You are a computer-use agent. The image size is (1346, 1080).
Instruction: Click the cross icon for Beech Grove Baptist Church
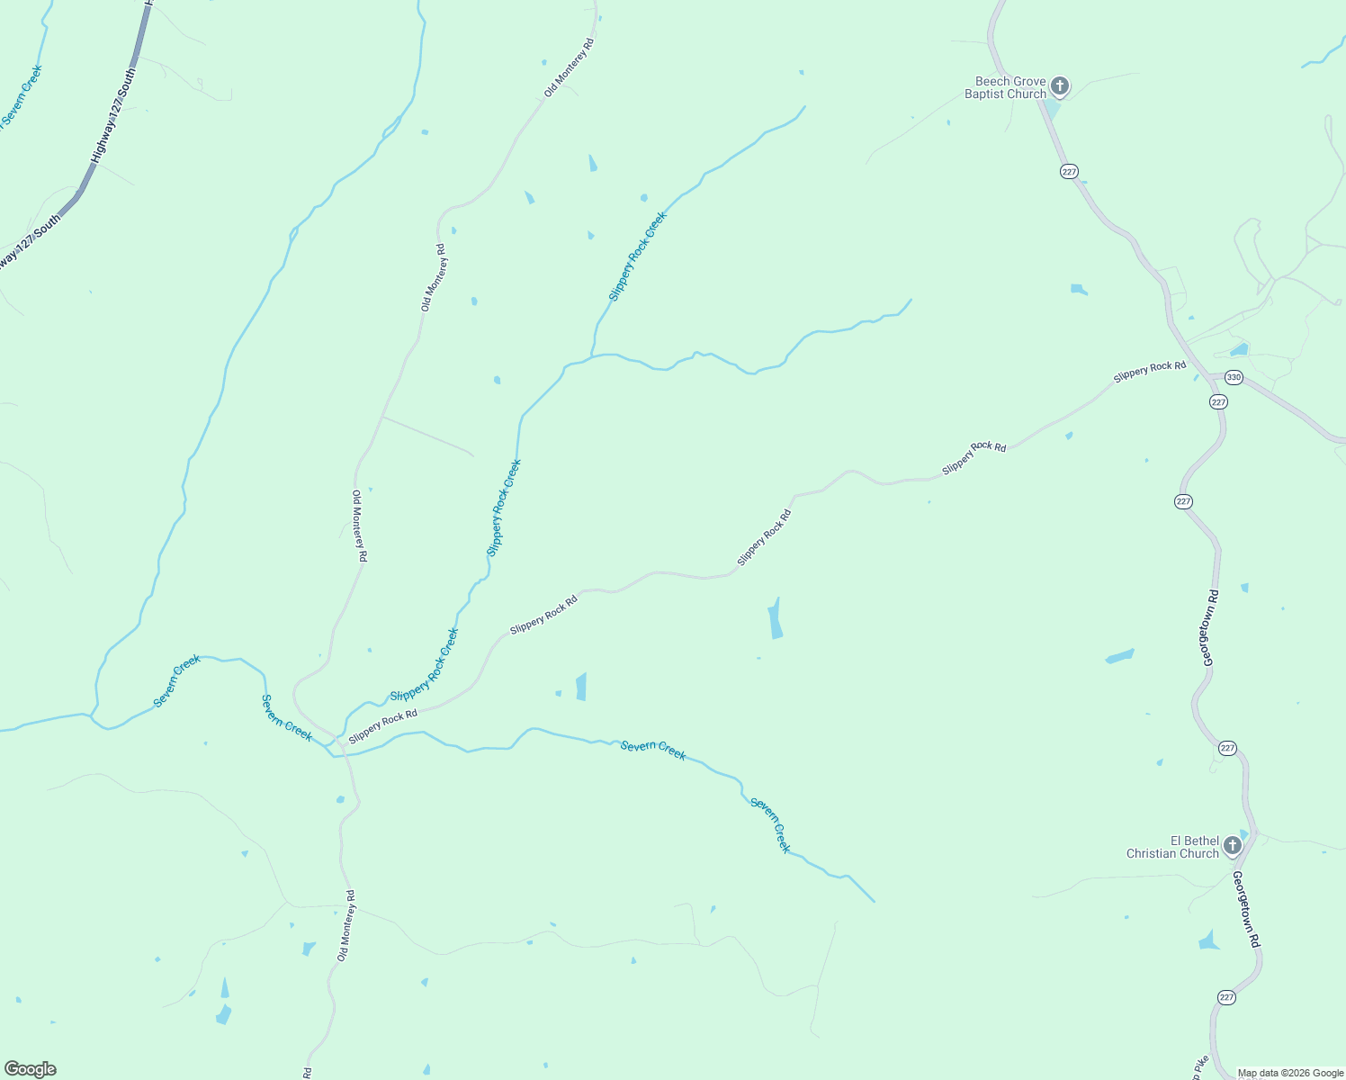coord(1060,86)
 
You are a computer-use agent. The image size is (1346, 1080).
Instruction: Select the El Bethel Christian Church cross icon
coord(1233,846)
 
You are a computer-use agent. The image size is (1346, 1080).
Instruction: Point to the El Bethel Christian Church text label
coord(1173,847)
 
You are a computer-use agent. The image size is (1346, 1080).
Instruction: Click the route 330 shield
coord(1234,378)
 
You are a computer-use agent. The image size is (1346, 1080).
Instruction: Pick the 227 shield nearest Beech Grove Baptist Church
coord(1069,172)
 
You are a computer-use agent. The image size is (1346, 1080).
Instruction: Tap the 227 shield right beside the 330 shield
coord(1218,402)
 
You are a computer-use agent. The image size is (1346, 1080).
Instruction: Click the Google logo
coord(31,1069)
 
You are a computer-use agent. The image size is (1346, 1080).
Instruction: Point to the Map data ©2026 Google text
coord(1290,1073)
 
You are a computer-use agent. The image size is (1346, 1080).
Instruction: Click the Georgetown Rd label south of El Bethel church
coord(1246,909)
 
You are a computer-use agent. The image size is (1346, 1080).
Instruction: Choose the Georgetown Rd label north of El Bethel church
coord(1210,627)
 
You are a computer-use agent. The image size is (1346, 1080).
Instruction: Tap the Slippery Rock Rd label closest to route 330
coord(1149,372)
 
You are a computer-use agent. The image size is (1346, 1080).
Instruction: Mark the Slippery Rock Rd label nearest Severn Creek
coord(383,726)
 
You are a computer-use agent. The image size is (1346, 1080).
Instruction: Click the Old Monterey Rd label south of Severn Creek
coord(346,926)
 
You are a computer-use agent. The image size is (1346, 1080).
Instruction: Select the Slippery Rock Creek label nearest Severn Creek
coord(424,666)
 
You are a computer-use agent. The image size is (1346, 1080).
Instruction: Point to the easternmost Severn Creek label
coord(770,824)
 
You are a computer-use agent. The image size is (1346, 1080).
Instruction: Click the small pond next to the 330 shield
coord(1240,349)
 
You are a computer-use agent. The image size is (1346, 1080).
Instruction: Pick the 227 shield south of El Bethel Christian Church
coord(1226,997)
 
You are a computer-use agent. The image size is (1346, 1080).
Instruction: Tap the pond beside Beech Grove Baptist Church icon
coord(1050,108)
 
